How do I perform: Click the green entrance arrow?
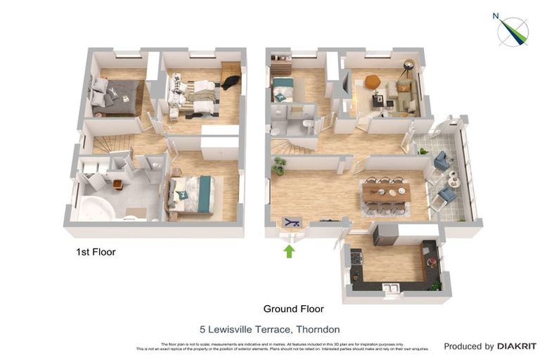(289, 250)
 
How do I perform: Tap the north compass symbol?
(513, 31)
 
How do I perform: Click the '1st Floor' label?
(96, 251)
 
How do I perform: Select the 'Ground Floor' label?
(293, 309)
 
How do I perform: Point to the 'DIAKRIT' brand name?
(517, 346)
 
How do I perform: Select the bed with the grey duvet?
(116, 96)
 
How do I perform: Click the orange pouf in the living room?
(373, 82)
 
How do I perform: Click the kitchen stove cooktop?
(356, 258)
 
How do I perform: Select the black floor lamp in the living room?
(407, 68)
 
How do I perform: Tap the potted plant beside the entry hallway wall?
(279, 165)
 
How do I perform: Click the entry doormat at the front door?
(290, 223)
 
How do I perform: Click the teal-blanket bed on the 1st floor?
(192, 193)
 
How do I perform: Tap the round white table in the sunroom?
(453, 181)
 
